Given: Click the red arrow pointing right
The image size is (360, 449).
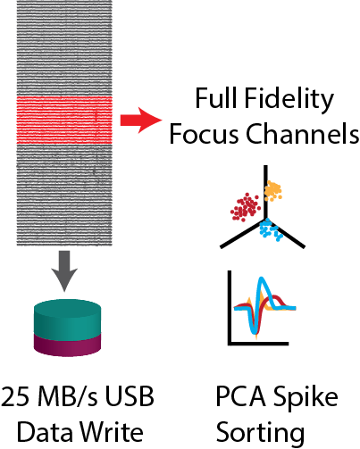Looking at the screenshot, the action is pyautogui.click(x=141, y=121).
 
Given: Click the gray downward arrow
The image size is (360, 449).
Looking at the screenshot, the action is pyautogui.click(x=64, y=270).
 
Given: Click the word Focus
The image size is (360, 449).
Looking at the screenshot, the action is pyautogui.click(x=204, y=134).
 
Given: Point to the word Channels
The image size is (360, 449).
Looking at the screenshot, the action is pyautogui.click(x=302, y=133).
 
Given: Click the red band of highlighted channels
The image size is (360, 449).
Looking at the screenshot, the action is pyautogui.click(x=64, y=121).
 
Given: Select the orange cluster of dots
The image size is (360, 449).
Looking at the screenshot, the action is pyautogui.click(x=272, y=190).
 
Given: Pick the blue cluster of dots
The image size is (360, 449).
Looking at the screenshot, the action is pyautogui.click(x=271, y=230).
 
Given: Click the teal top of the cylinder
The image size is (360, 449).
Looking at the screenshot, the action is pyautogui.click(x=68, y=318).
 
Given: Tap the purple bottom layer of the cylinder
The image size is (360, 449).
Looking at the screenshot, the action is pyautogui.click(x=68, y=345).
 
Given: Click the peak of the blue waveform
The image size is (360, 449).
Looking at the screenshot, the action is pyautogui.click(x=262, y=279).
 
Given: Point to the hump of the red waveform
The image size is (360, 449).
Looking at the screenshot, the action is pyautogui.click(x=276, y=298).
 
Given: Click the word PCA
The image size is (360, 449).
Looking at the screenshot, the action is pyautogui.click(x=241, y=396).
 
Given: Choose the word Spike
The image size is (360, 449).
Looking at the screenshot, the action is pyautogui.click(x=306, y=398).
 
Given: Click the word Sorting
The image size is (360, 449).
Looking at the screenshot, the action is pyautogui.click(x=260, y=433).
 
